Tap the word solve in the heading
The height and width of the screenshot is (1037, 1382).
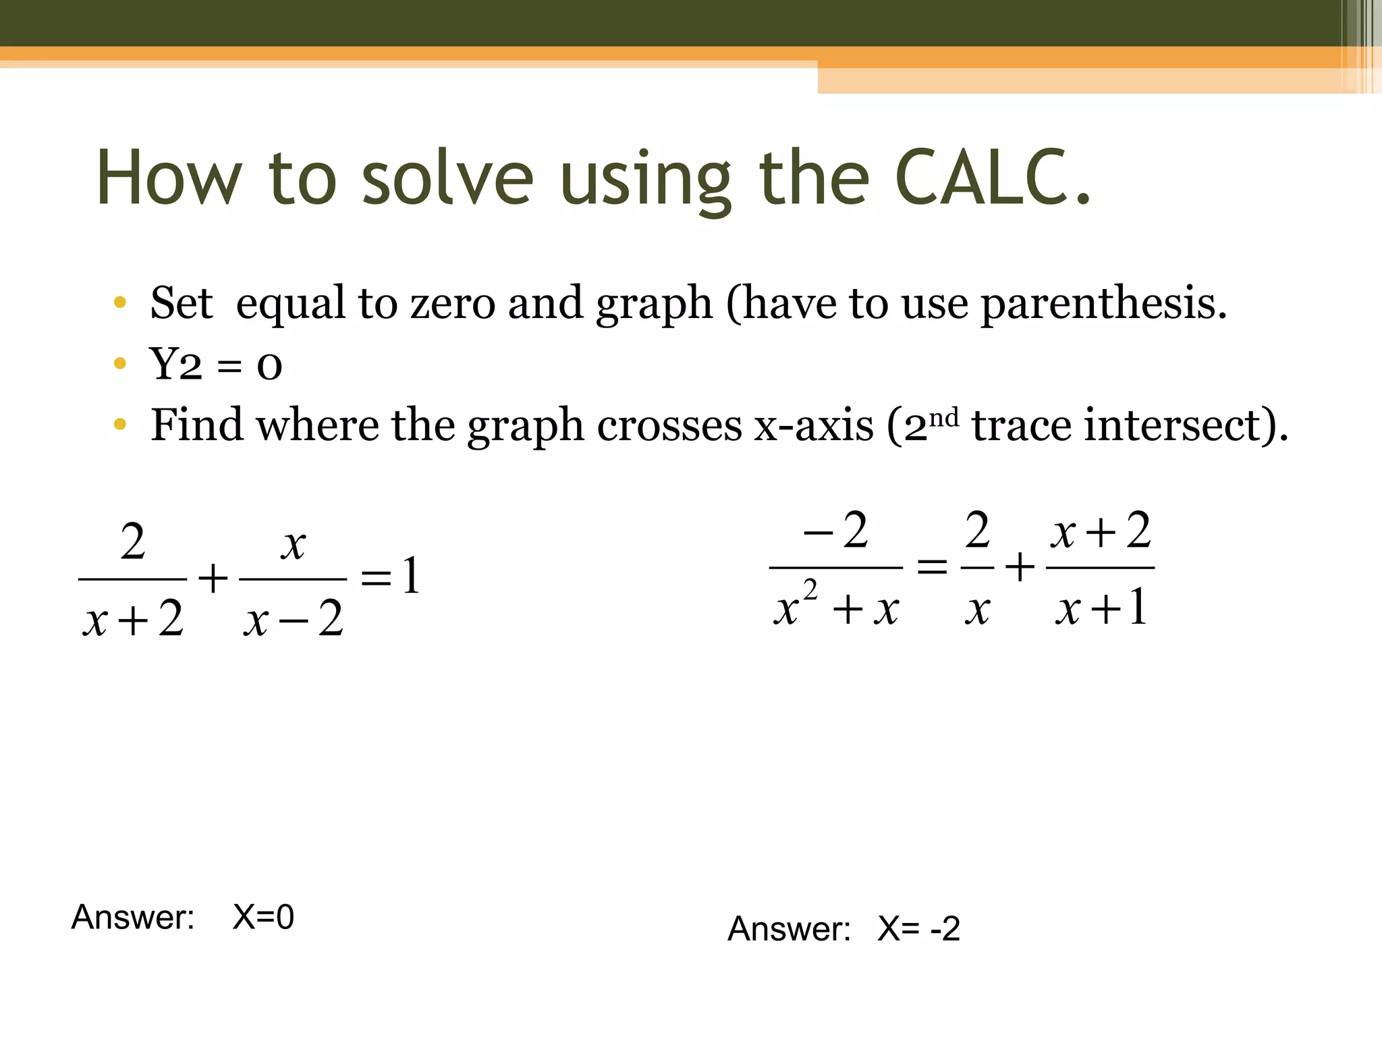click(447, 177)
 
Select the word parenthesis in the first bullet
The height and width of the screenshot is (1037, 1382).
click(1103, 303)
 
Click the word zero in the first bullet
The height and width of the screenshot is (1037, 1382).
click(452, 303)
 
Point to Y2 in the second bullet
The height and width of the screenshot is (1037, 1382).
click(175, 365)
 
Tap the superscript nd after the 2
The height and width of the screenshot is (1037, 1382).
click(943, 419)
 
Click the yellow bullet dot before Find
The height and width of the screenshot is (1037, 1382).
click(120, 424)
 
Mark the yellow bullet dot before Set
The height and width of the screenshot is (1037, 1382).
click(120, 302)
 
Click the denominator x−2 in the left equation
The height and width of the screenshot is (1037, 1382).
click(294, 618)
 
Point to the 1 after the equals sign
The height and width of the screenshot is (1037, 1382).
click(411, 576)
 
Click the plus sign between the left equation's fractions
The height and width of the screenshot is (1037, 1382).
click(213, 579)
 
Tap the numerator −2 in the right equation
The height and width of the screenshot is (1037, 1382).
click(836, 531)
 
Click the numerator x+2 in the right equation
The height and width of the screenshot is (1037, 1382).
click(1100, 531)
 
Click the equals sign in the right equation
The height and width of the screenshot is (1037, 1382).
click(932, 567)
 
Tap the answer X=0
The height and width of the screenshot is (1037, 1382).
click(263, 917)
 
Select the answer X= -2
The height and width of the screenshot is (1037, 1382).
click(918, 929)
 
